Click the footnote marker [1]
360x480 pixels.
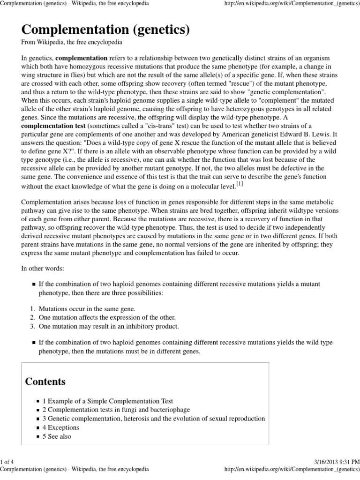(x=240, y=184)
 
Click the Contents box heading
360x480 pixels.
(x=45, y=381)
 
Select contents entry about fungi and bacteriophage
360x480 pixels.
(x=117, y=410)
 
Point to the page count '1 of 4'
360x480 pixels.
(x=8, y=462)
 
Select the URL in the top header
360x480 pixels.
(x=292, y=3)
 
